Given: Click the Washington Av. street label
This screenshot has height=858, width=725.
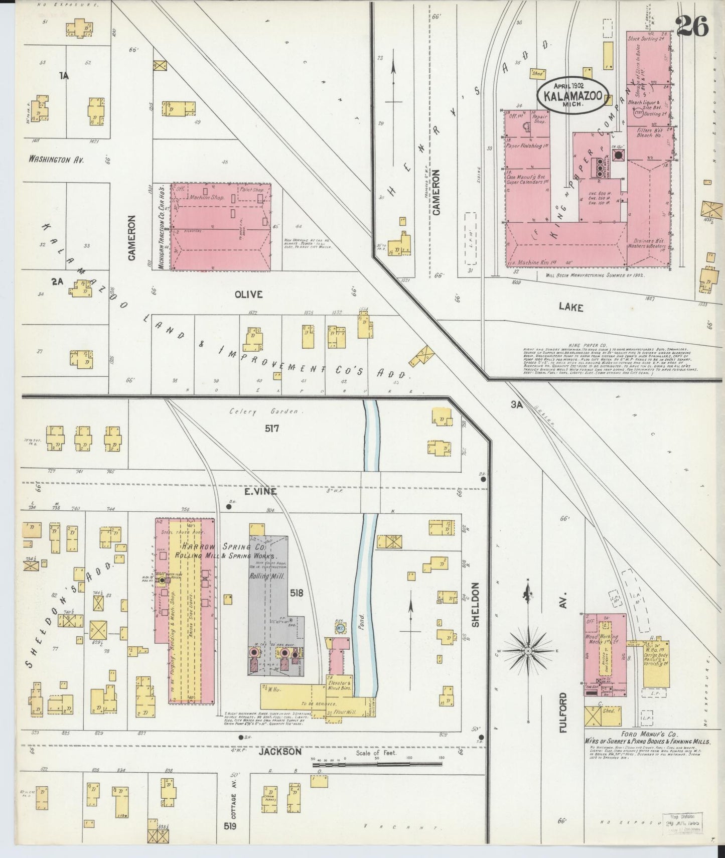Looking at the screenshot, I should pos(56,160).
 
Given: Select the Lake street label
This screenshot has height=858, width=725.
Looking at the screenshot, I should pos(571,307).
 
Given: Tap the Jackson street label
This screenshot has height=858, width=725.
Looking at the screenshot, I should pos(280,752).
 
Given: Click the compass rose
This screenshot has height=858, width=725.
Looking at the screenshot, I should pos(528,651).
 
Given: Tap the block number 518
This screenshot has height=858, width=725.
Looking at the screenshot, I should pos(297,593).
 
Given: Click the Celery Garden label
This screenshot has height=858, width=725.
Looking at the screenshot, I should pos(263,412).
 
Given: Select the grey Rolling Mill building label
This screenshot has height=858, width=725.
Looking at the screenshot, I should pos(267,577).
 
